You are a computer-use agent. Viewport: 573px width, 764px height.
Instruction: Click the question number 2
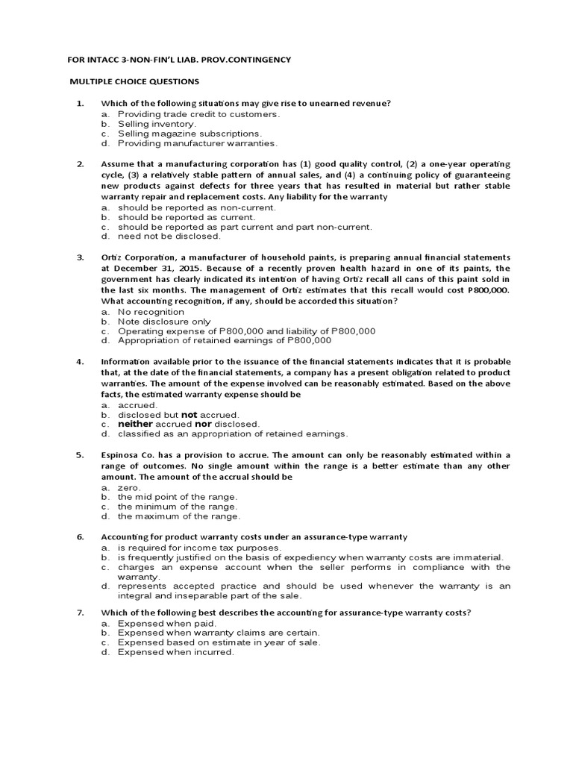(x=80, y=163)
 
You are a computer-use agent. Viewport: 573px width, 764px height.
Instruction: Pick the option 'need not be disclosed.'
(x=169, y=237)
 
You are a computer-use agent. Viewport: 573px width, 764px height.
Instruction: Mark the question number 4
(x=80, y=361)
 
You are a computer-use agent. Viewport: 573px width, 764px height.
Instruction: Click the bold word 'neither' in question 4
(x=135, y=424)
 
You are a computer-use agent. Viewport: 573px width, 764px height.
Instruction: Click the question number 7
(x=80, y=613)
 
